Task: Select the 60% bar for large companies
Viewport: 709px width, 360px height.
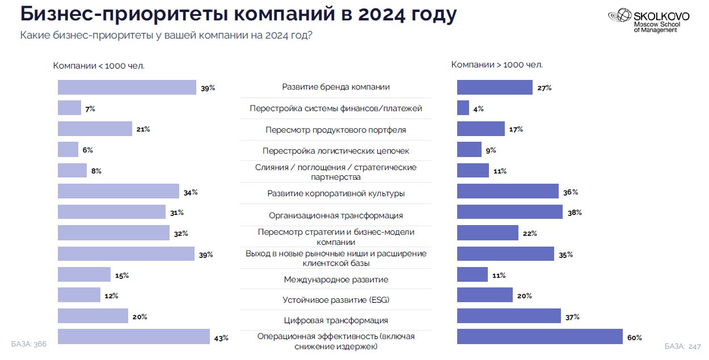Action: (x=539, y=337)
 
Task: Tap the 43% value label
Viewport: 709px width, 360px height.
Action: (x=221, y=338)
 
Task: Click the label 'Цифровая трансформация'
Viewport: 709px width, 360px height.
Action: (x=336, y=320)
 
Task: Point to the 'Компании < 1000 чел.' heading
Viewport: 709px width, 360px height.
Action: (x=99, y=66)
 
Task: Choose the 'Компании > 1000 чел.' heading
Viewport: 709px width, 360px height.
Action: (x=497, y=65)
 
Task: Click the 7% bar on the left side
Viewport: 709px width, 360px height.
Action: (x=70, y=108)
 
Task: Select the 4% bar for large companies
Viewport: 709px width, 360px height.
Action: (x=463, y=108)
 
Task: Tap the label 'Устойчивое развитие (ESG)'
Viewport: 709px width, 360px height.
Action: (x=336, y=300)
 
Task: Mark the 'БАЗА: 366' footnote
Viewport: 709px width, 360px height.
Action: (x=29, y=344)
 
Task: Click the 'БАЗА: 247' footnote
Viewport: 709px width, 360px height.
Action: (x=683, y=346)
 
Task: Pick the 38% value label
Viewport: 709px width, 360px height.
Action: (x=575, y=213)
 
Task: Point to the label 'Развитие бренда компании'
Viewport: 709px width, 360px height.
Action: (x=336, y=87)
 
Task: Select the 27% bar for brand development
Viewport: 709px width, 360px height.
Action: (x=495, y=87)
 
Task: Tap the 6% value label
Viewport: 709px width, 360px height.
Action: (x=87, y=150)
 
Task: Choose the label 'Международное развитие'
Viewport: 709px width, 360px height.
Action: (x=336, y=279)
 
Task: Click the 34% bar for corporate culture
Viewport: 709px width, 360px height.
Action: (x=118, y=192)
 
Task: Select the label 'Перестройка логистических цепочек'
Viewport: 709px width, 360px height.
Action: (x=336, y=151)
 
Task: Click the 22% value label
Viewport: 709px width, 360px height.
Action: (x=530, y=234)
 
